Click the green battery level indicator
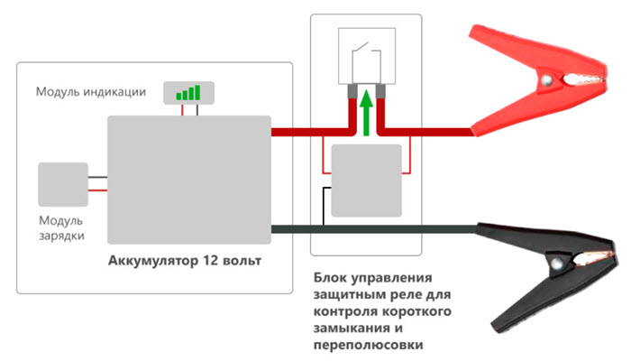[x=187, y=92]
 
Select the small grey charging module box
[x=62, y=185]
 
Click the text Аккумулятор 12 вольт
[x=184, y=262]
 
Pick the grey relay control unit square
[x=365, y=180]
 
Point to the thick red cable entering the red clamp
[x=433, y=132]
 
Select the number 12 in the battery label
[x=212, y=262]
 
